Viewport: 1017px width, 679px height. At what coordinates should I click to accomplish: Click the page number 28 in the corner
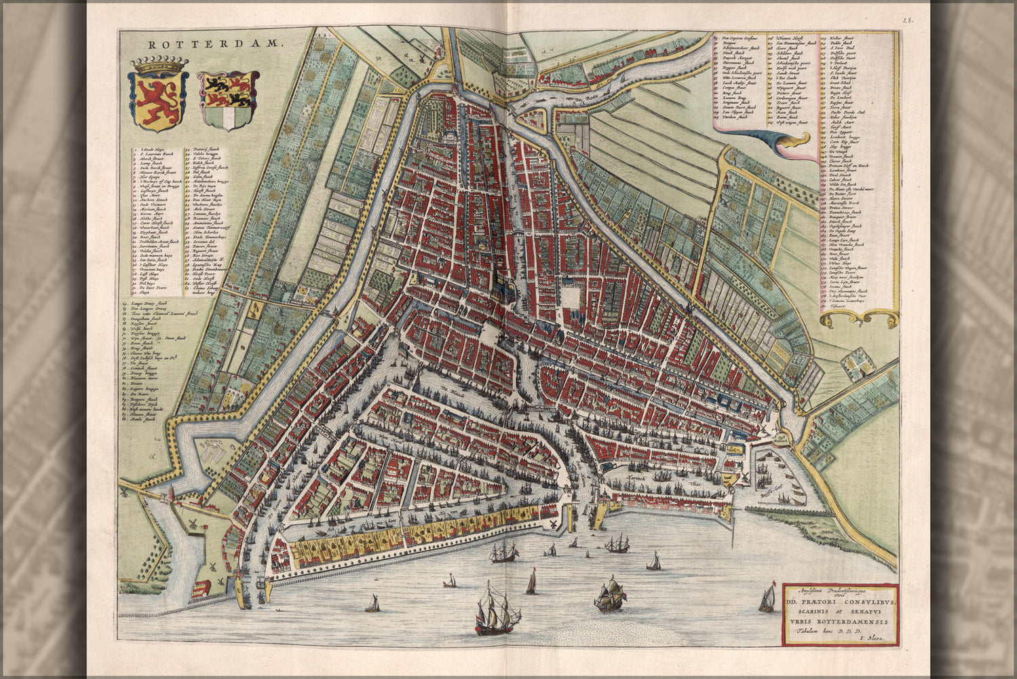906,20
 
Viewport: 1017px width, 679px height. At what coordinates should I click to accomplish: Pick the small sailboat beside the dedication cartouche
767,600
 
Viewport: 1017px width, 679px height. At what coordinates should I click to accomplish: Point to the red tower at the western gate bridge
237,574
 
